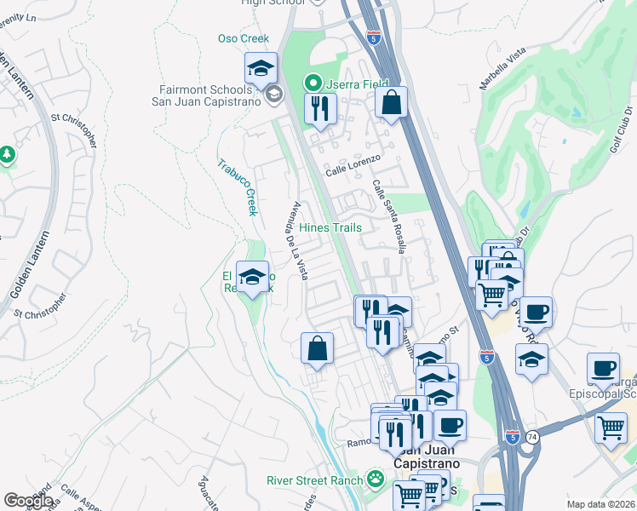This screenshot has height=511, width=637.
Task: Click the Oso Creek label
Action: pos(244,38)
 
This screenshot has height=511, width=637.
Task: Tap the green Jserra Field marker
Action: pos(313,83)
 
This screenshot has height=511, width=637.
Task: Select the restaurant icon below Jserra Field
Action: pos(321,108)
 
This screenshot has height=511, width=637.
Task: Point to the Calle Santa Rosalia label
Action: pos(388,216)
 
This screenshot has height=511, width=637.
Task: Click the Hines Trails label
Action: pos(330,227)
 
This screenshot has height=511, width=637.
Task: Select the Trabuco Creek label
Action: pos(236,187)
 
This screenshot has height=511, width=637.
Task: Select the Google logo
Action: pos(28,501)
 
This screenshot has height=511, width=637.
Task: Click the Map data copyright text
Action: pos(601,504)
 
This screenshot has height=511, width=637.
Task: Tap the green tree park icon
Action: pos(8,154)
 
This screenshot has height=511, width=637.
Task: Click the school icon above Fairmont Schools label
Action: pos(261,67)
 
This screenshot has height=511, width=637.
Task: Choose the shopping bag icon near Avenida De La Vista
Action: pos(317,347)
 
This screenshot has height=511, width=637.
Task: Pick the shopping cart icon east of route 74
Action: pos(611,428)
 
